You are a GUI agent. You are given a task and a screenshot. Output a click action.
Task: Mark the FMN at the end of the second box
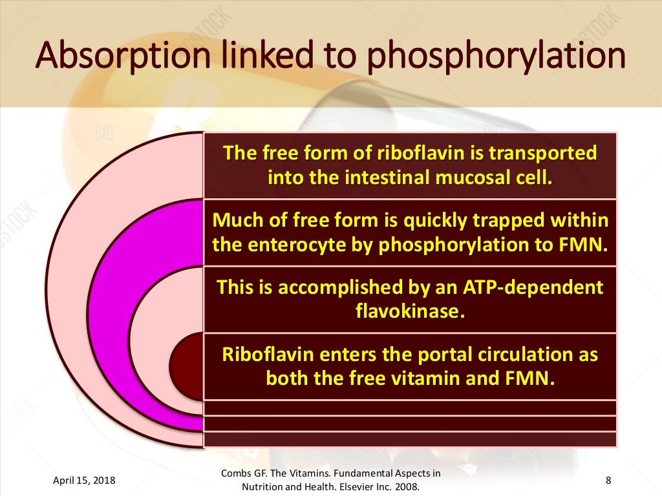pos(590,244)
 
